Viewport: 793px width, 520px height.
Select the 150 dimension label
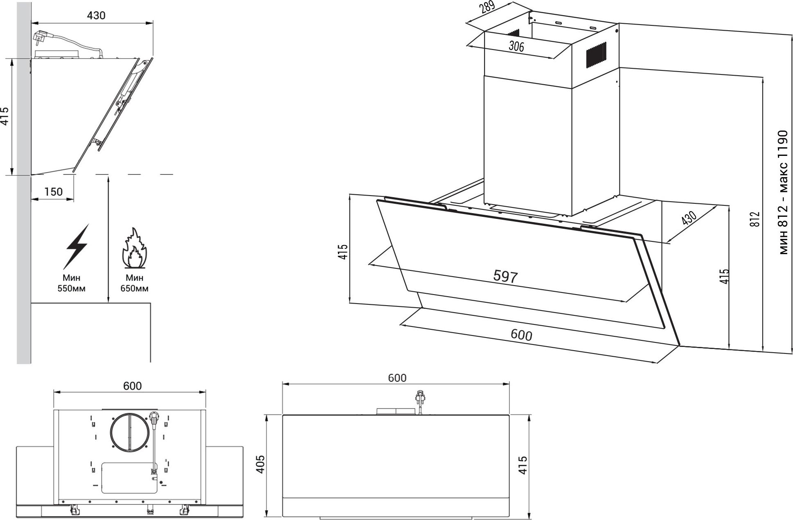click(53, 191)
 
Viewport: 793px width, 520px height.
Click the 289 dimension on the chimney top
click(488, 7)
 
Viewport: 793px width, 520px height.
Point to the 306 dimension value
click(516, 46)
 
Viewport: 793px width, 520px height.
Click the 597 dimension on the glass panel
click(505, 277)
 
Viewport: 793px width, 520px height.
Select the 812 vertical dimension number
click(755, 219)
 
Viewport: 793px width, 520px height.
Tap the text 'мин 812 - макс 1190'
click(782, 192)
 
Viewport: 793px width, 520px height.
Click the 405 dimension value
click(260, 464)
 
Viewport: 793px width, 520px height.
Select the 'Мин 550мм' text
click(71, 283)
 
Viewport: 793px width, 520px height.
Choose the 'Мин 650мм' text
click(134, 283)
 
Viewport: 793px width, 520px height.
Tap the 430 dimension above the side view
click(96, 16)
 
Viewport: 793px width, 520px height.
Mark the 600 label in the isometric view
click(521, 335)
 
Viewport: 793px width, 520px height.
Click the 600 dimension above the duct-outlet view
click(132, 386)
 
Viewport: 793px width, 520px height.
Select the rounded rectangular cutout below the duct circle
click(129, 478)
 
